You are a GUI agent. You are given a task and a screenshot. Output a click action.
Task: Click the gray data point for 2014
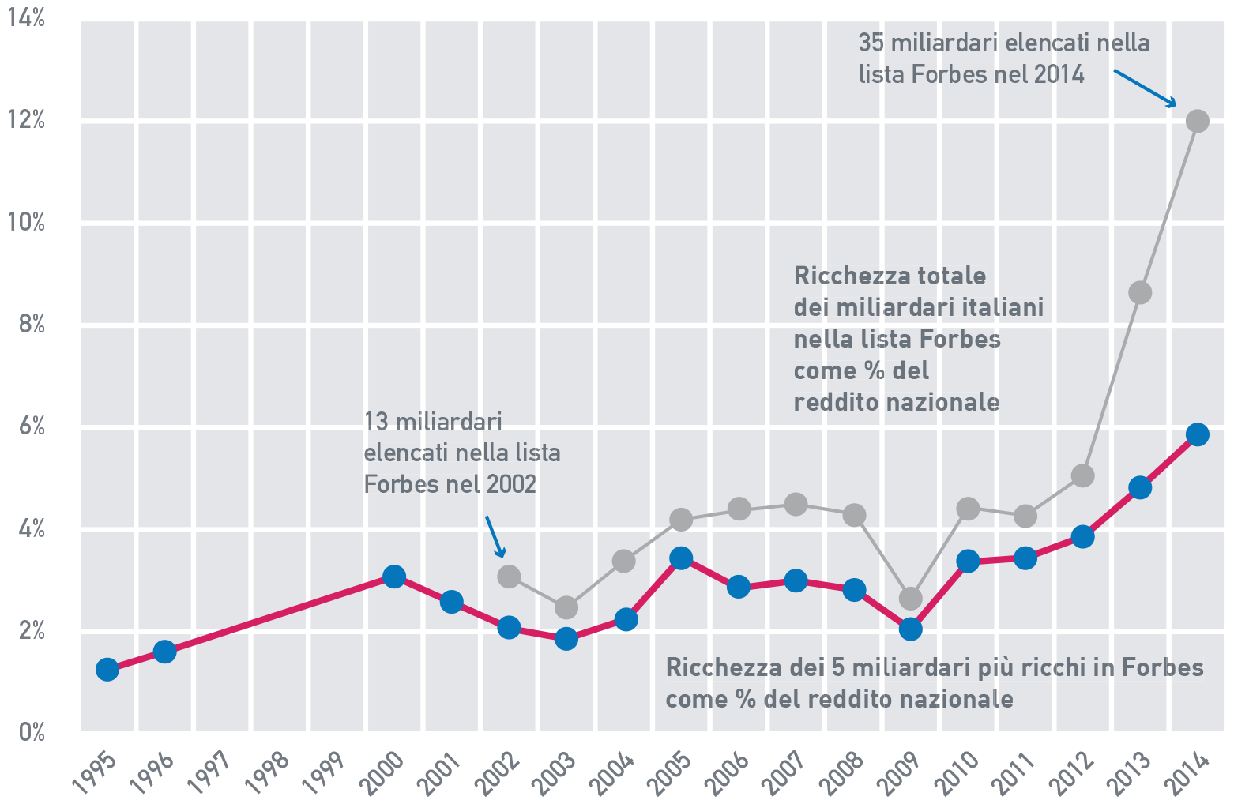(1197, 121)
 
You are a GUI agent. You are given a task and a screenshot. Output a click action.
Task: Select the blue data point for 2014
(1197, 434)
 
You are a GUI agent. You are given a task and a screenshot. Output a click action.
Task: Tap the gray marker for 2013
(1140, 292)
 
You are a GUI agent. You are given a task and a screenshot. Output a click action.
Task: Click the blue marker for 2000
(394, 576)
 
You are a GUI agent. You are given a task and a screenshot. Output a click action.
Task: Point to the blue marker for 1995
(107, 670)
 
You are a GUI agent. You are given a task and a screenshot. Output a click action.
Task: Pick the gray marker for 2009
(911, 598)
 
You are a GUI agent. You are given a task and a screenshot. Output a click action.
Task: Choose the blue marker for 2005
(681, 558)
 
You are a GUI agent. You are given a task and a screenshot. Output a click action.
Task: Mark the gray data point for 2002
(510, 576)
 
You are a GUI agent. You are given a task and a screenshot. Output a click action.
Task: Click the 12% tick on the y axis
(26, 121)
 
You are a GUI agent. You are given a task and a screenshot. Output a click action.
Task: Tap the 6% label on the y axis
(32, 427)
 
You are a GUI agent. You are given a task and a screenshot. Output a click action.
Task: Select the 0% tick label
(32, 732)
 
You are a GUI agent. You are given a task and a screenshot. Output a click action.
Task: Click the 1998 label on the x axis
(267, 772)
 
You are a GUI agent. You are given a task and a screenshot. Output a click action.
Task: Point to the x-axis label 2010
(956, 772)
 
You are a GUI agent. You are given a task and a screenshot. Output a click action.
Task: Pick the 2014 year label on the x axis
(1187, 772)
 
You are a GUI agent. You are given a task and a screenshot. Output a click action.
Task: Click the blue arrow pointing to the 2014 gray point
(1145, 88)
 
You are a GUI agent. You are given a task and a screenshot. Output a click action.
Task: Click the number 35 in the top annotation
(871, 43)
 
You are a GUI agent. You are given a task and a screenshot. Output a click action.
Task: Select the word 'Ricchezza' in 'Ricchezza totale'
(842, 276)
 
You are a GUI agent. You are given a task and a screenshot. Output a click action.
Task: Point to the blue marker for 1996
(164, 651)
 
